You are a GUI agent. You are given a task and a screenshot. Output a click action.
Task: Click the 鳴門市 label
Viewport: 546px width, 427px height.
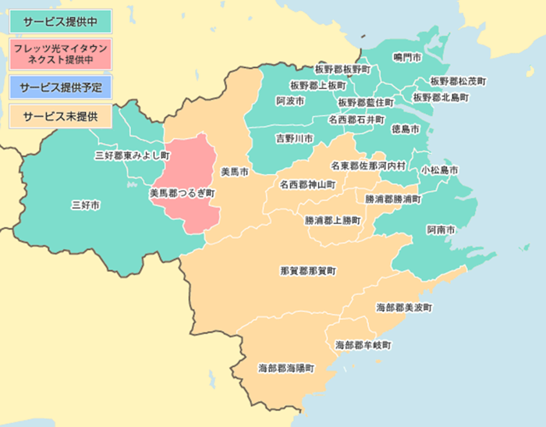pos(407,58)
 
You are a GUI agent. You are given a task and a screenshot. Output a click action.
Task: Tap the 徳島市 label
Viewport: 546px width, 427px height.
pos(405,128)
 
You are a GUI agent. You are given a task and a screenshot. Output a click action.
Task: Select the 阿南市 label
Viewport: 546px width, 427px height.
pos(441,230)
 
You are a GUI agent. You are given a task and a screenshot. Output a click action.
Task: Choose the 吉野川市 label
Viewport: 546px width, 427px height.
pos(294,138)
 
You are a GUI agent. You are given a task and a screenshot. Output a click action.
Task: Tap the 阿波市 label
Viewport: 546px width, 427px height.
pos(290,101)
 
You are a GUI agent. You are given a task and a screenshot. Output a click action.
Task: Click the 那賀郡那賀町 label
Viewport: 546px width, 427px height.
pos(308,271)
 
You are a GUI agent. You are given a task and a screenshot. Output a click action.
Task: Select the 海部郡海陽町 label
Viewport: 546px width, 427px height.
pos(286,368)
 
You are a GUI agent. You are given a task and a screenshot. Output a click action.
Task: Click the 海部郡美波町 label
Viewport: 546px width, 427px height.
pos(403,308)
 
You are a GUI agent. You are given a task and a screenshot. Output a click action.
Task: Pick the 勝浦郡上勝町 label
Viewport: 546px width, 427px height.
pos(333,221)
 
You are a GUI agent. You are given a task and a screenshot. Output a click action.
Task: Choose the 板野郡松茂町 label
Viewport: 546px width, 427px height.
pos(458,81)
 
